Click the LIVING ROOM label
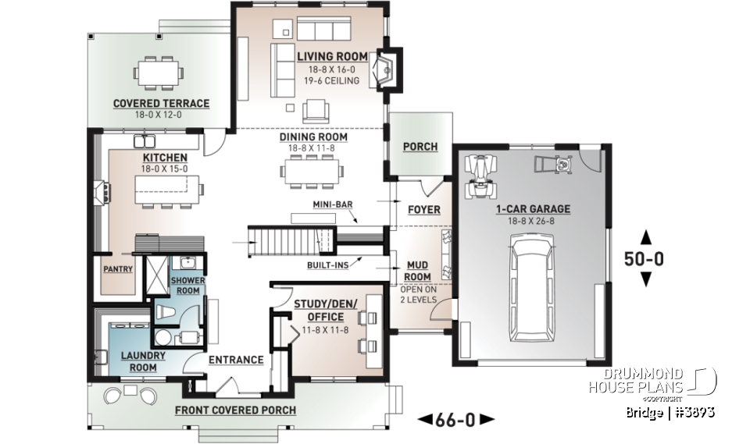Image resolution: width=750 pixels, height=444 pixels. pos(334,56)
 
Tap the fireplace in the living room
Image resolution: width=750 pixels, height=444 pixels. pos(385,69)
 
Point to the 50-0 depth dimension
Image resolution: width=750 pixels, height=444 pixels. pos(645,259)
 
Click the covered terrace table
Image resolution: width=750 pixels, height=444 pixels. pos(160,73)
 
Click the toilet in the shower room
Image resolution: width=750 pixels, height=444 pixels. pos(165,312)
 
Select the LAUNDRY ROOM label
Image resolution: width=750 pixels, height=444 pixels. pos(143,361)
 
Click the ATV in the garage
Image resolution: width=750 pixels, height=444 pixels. pos(479,178)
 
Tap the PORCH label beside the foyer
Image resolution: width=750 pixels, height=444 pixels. pos(420,147)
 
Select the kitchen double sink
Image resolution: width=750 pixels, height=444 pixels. pos(144,141)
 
